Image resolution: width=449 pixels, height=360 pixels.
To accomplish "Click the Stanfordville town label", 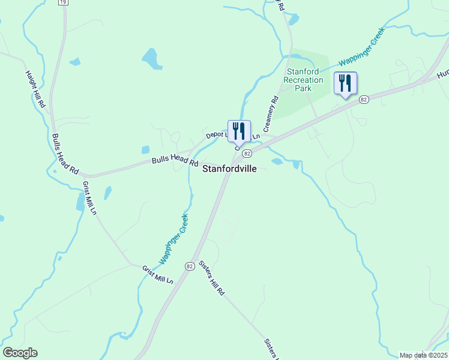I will (229, 169).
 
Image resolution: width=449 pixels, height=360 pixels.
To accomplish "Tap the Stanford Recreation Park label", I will (304, 80).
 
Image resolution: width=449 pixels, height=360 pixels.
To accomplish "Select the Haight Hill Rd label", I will (35, 89).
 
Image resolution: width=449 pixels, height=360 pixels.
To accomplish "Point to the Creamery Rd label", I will (271, 113).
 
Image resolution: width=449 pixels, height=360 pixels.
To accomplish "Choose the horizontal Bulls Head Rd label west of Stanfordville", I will (175, 160).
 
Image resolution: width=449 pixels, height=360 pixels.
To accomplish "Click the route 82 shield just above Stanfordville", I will (246, 154).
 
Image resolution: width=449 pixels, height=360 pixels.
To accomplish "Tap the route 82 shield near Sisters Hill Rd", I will (190, 266).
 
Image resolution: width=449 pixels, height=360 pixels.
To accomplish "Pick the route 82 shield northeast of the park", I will (363, 100).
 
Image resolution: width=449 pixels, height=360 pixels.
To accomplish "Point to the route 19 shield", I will (63, 2).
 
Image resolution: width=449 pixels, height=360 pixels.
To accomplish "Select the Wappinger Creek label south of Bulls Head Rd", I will (175, 239).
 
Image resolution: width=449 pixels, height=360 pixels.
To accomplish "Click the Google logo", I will (20, 353).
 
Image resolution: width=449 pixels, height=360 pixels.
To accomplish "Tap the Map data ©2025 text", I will (424, 355).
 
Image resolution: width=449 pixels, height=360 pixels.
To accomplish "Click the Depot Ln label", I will (217, 135).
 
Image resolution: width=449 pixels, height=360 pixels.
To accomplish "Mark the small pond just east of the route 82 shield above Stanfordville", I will (277, 161).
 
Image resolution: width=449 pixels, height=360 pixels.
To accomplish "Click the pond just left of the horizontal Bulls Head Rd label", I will (145, 150).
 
